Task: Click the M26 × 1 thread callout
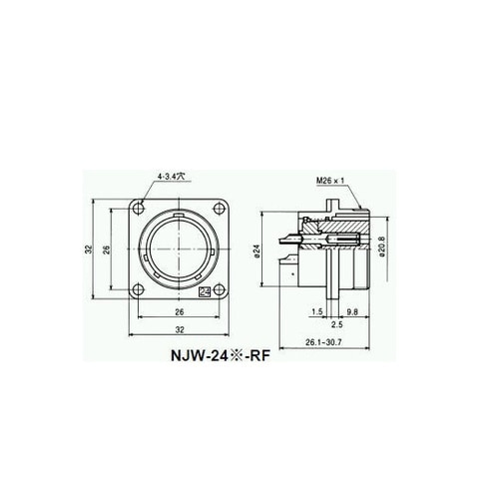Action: click(330, 181)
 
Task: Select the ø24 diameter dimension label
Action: click(256, 251)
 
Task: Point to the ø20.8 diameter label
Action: click(381, 247)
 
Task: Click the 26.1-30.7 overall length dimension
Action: click(323, 342)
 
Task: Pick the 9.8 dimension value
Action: click(352, 311)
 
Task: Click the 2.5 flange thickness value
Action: click(337, 324)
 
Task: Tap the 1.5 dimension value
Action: click(317, 311)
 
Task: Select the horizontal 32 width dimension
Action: click(180, 329)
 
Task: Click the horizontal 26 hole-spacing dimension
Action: click(180, 312)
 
